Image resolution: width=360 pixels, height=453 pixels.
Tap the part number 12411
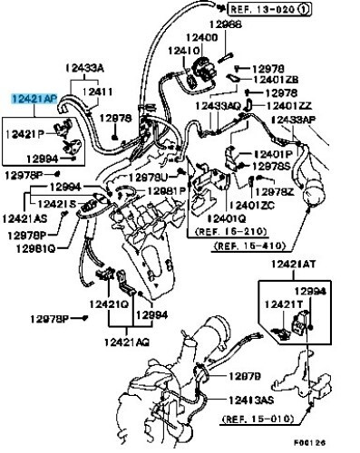coord(100,92)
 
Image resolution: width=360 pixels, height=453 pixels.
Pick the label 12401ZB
coord(277,79)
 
